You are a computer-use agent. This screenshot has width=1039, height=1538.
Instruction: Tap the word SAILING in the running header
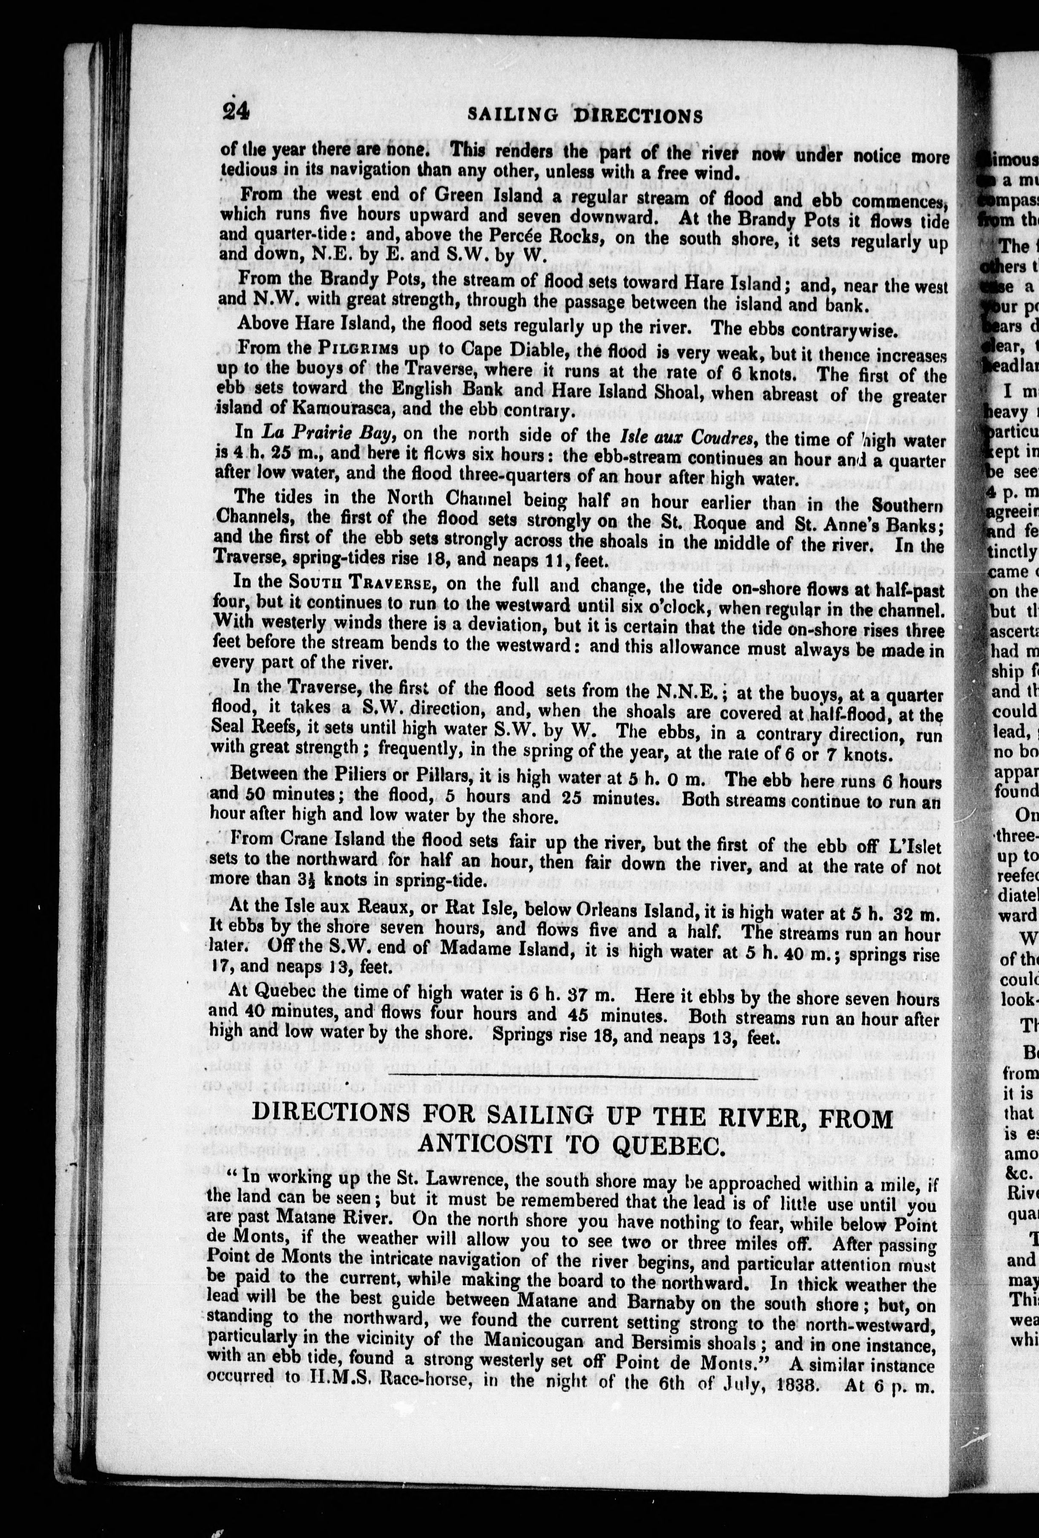coord(513,115)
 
